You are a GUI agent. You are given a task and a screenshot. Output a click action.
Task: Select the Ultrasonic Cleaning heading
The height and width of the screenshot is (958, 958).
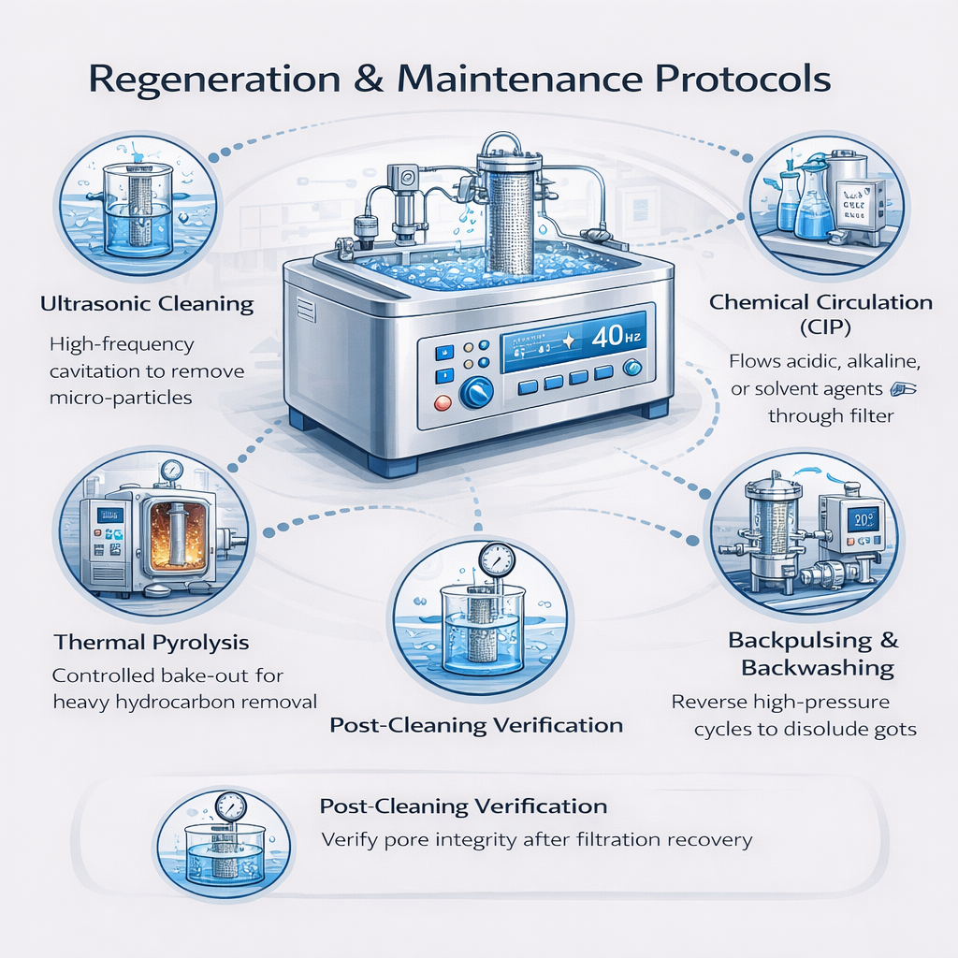[x=147, y=303]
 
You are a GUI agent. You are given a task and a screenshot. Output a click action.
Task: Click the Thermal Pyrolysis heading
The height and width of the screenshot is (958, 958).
[x=152, y=642]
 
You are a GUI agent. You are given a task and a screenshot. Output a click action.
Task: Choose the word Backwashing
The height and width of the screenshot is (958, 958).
[x=818, y=668]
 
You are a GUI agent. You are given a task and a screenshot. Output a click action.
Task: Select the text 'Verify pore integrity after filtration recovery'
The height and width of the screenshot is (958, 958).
[x=536, y=839]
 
